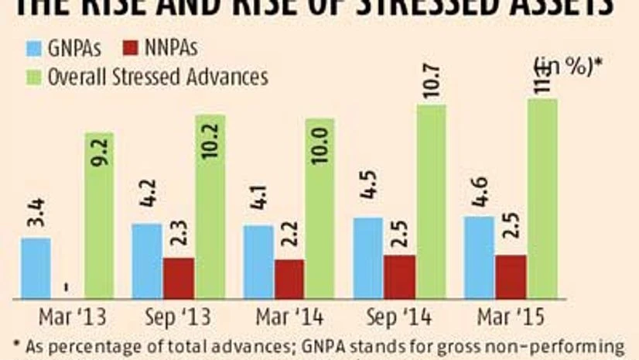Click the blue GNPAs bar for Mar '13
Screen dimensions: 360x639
(x=36, y=268)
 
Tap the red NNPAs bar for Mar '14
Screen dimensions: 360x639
(x=290, y=279)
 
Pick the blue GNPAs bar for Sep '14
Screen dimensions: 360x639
(x=367, y=258)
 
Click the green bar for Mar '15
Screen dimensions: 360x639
(x=543, y=198)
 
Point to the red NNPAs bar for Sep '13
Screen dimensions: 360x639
(x=179, y=278)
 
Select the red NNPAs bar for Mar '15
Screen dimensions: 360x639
(x=511, y=276)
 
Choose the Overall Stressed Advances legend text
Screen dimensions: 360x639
(x=158, y=77)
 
